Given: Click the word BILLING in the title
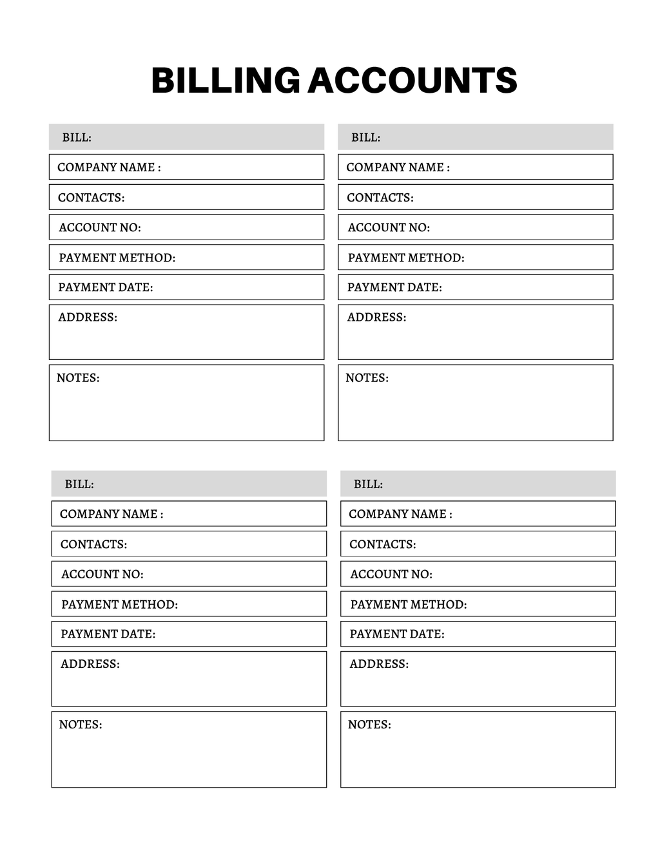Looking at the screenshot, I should click(x=226, y=81).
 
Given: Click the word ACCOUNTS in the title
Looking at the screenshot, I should click(x=412, y=81).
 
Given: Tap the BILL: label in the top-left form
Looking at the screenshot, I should click(x=77, y=138).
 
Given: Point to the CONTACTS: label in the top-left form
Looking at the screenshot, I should click(x=91, y=198).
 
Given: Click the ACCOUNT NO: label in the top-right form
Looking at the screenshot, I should click(x=389, y=227).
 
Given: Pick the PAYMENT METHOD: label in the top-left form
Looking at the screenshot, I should click(x=117, y=258).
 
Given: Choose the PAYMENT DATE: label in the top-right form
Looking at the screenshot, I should click(x=394, y=287).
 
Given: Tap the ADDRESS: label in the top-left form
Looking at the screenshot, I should click(x=88, y=317).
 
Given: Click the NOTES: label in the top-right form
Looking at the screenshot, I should click(x=367, y=378).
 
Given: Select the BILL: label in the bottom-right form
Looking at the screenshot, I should click(x=368, y=484).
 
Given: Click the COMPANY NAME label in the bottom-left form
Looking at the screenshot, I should click(x=111, y=514).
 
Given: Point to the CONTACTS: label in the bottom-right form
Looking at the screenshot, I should click(x=382, y=544).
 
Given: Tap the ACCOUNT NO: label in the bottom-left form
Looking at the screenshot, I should click(x=102, y=574).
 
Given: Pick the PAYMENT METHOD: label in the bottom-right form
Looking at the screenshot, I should click(x=408, y=604).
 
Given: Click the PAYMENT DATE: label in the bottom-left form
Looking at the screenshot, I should click(x=108, y=634).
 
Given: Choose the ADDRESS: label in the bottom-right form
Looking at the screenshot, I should click(x=379, y=664).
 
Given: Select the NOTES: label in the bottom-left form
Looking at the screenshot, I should click(x=81, y=725).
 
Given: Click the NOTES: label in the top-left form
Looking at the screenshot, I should click(x=78, y=378).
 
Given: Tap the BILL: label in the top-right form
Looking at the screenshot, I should click(x=365, y=138).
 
